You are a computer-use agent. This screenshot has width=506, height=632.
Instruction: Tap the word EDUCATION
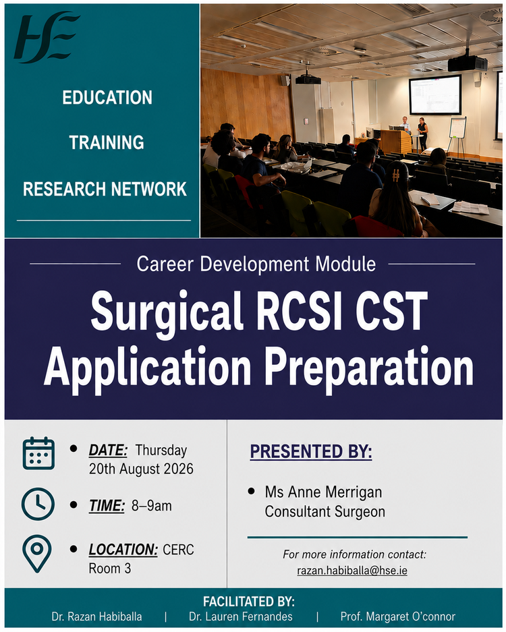coord(107,98)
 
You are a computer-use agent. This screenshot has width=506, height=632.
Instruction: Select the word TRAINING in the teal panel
coord(107,143)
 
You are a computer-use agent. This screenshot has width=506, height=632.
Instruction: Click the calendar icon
coord(38,453)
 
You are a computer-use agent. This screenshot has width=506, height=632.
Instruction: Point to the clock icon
coord(38,504)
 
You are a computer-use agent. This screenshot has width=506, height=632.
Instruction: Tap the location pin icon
coord(36,554)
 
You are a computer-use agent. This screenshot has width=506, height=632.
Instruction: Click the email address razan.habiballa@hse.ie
coord(352,571)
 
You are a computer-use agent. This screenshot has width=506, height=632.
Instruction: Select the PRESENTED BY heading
coord(311,451)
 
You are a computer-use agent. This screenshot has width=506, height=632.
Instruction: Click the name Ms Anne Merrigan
coord(323,492)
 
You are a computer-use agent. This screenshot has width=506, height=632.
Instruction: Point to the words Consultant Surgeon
coord(325,511)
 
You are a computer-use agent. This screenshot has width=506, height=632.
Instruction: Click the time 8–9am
coord(152,505)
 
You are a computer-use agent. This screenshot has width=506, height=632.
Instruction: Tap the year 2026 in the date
coord(178,469)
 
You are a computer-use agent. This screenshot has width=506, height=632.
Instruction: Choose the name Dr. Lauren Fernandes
coord(241,616)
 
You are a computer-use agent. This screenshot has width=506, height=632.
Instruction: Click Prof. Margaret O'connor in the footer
coord(398,616)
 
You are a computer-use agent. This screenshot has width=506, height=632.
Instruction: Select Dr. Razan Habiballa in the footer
coord(96,616)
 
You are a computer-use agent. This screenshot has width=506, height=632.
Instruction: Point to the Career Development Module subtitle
coord(256,264)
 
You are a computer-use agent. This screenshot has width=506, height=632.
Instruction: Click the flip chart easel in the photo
coord(457,136)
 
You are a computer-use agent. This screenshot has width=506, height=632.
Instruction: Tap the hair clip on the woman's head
coord(395,175)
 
